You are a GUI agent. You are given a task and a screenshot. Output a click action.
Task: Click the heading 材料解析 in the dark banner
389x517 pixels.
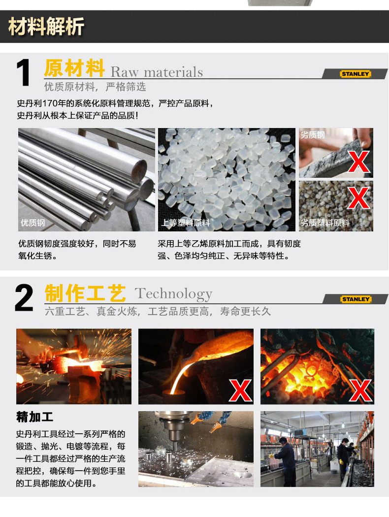coord(46,27)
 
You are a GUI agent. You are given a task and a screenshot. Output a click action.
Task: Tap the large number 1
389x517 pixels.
coord(24,72)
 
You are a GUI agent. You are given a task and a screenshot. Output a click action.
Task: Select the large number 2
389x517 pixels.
coord(24,298)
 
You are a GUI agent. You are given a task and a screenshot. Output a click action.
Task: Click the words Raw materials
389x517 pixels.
coord(157,72)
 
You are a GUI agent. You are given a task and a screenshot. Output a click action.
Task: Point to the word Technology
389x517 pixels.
coord(173,294)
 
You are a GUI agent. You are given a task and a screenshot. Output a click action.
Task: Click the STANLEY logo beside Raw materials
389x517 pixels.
coord(356,74)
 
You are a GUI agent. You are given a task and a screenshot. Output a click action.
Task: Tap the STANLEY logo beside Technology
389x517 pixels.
coord(356,299)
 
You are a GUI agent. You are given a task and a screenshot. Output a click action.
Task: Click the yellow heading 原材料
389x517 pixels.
coord(74,68)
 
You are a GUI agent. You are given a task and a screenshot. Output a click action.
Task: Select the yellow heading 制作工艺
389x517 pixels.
coord(85,293)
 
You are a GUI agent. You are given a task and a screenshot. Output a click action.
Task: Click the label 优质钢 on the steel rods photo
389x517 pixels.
coord(32,223)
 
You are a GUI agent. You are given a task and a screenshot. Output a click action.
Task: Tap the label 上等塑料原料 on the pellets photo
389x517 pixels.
coord(186,223)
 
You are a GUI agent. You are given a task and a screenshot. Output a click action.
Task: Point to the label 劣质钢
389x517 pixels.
coord(313,135)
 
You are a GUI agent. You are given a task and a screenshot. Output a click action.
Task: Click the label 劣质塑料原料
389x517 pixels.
coord(325,223)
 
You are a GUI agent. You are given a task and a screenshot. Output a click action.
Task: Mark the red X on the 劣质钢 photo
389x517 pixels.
coord(358,162)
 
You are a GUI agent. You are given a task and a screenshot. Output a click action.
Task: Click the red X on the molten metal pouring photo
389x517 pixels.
coord(240,391)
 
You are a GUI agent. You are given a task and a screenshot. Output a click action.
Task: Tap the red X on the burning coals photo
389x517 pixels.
coord(360,391)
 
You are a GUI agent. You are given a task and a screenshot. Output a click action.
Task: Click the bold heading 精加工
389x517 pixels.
coord(34,417)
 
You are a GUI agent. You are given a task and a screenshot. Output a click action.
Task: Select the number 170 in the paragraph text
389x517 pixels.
coord(49,103)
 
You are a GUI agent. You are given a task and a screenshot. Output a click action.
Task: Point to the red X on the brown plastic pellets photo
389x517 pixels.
coord(358,198)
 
